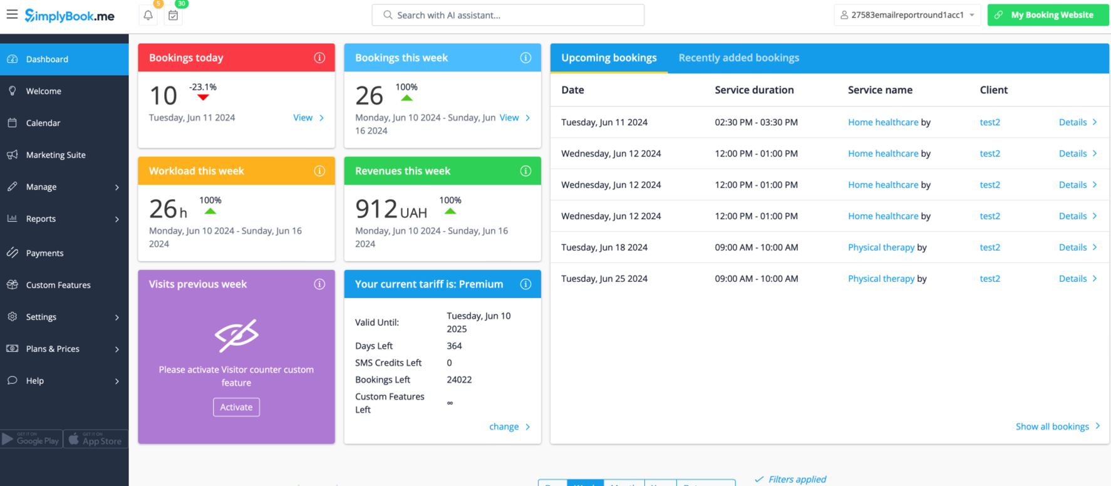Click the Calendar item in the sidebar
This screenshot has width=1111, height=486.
click(43, 123)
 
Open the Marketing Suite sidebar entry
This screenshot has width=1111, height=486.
click(55, 155)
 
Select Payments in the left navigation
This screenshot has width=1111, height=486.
click(44, 253)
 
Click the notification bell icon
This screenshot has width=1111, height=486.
click(148, 15)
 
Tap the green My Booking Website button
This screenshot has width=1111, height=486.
click(1048, 15)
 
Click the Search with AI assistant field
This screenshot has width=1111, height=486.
click(508, 15)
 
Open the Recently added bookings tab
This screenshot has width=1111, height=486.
click(738, 58)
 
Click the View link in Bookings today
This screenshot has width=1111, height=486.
click(303, 118)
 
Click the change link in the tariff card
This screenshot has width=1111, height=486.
click(504, 427)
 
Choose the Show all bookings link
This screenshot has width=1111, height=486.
click(1052, 427)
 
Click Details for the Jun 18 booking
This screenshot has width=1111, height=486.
click(1073, 247)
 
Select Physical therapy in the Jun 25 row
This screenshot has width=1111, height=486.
click(881, 279)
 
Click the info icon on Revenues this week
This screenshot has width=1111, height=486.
click(525, 171)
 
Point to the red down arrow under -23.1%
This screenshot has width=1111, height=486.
click(203, 98)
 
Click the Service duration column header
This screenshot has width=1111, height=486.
click(754, 90)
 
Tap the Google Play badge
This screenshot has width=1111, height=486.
click(31, 439)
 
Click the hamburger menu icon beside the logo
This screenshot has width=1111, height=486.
click(12, 14)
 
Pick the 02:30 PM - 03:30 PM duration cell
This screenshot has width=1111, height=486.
click(756, 122)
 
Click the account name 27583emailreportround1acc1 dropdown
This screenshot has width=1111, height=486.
click(907, 15)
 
